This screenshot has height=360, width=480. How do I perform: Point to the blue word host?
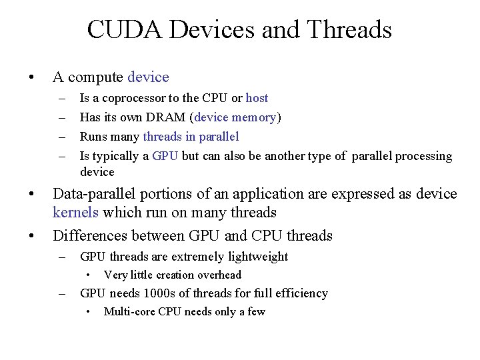click(257, 98)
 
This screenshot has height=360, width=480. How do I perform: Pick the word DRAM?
click(169, 117)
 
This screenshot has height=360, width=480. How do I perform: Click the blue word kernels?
click(75, 213)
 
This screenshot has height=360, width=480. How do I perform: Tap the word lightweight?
click(257, 257)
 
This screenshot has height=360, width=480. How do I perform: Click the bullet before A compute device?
click(31, 78)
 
